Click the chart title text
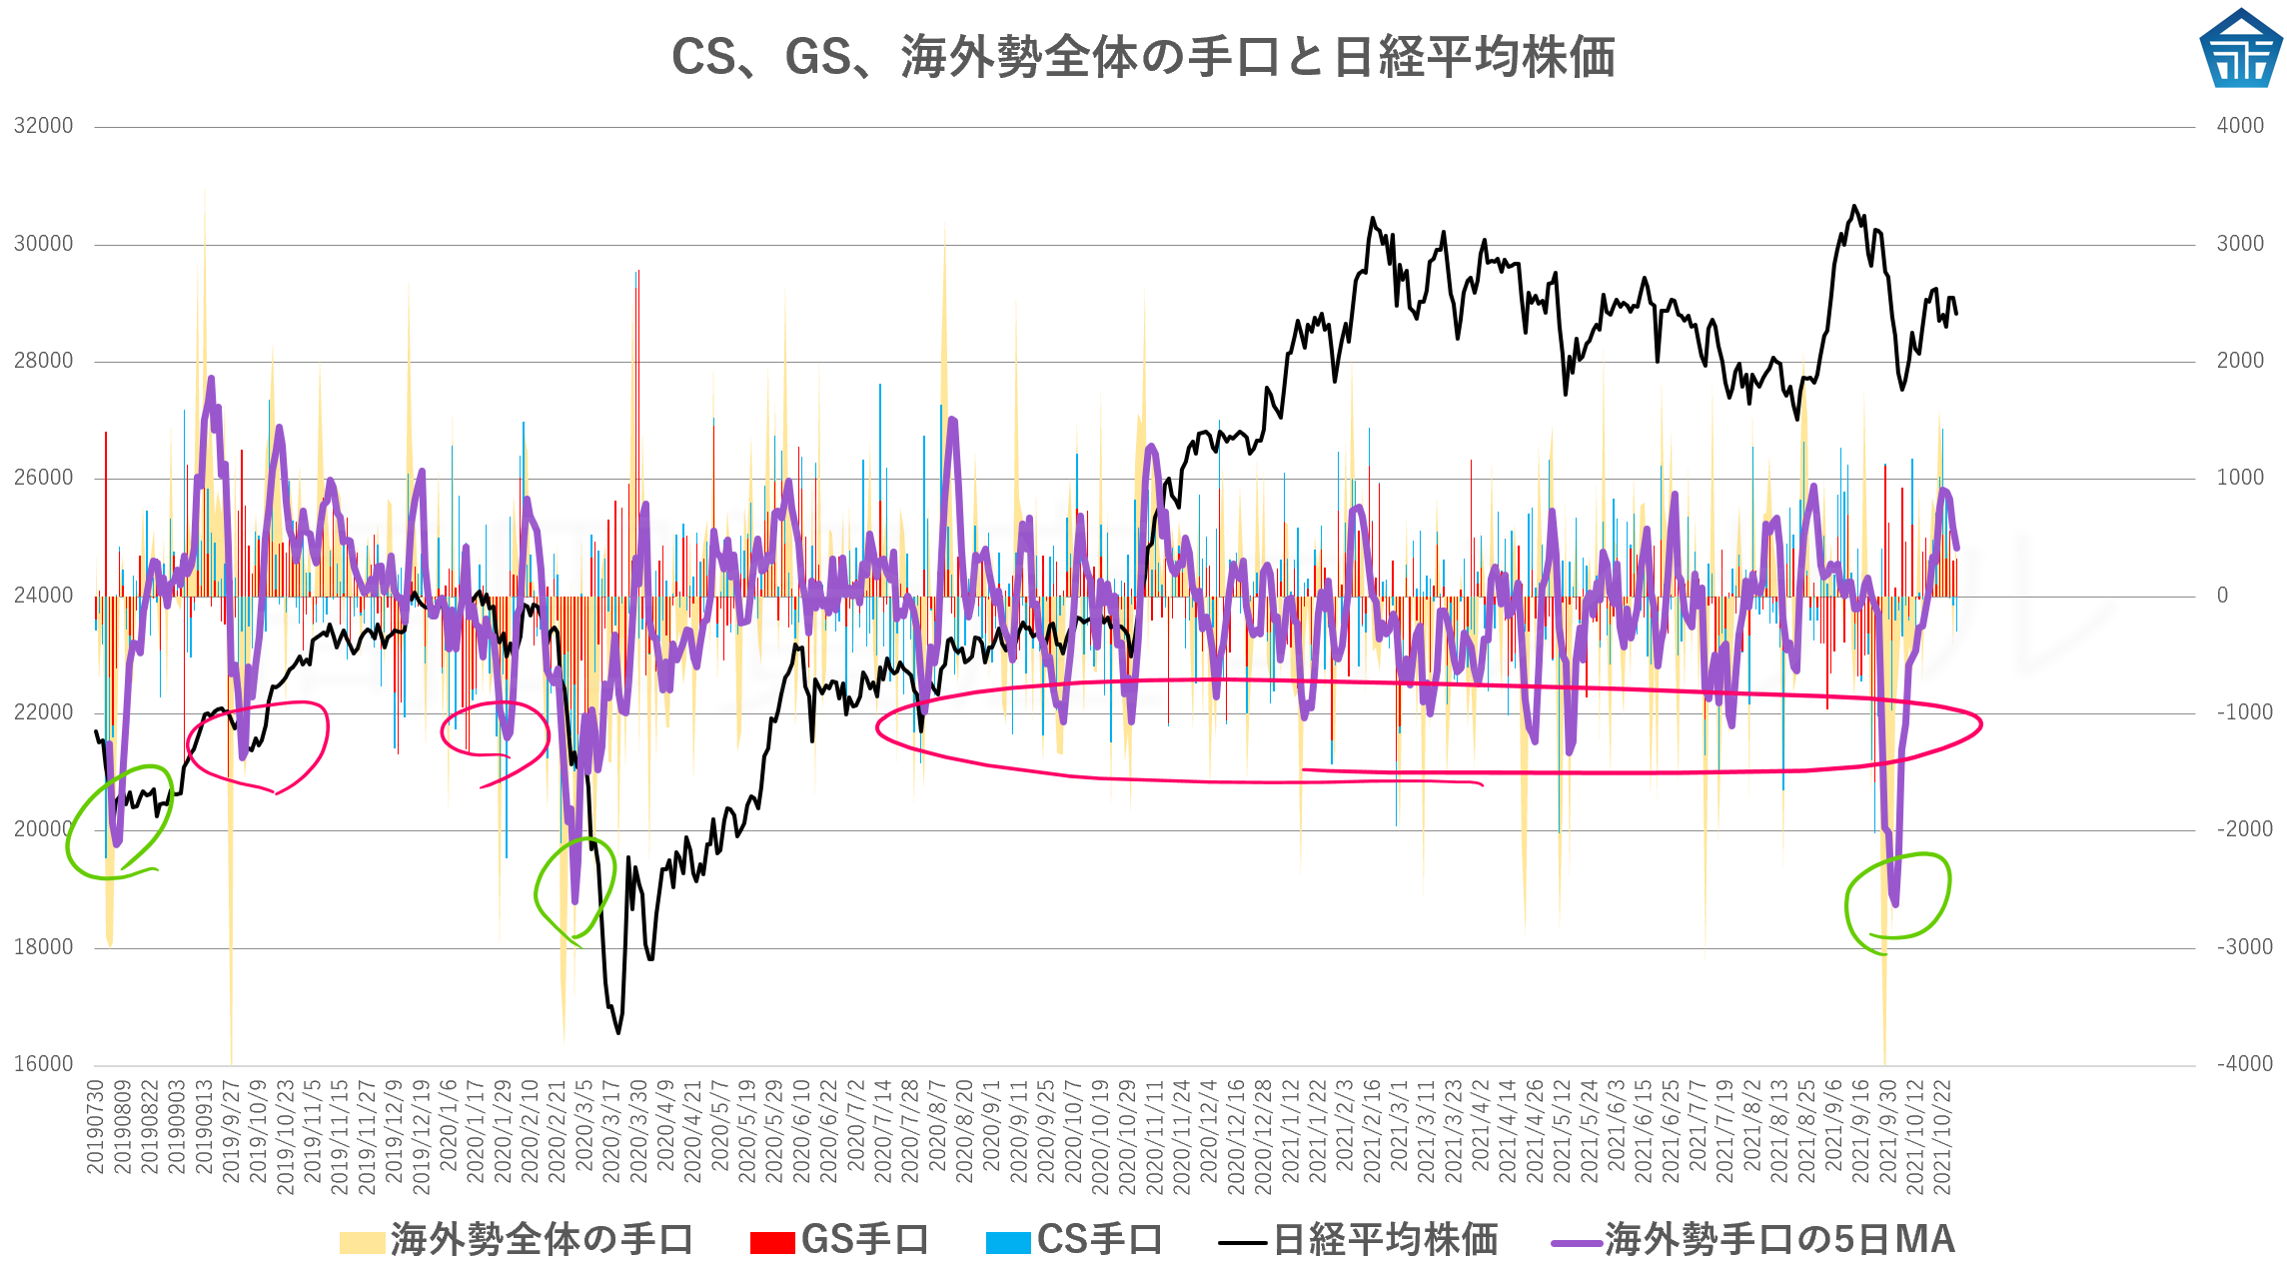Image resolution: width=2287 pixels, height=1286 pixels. (x=1142, y=57)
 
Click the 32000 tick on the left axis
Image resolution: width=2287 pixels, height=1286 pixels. (x=44, y=126)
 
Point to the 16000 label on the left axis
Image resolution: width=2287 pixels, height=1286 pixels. (x=44, y=1064)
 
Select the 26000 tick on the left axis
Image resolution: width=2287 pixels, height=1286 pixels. (x=44, y=478)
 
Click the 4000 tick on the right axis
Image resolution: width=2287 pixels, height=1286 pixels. (x=2241, y=126)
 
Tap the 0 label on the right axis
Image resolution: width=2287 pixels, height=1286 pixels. (x=2222, y=596)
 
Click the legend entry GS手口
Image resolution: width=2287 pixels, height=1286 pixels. (x=840, y=1240)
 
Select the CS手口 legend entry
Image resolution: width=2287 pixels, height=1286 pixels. (x=1075, y=1240)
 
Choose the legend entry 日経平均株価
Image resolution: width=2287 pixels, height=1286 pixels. (x=1359, y=1240)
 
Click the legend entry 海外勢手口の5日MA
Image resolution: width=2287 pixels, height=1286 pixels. (x=1753, y=1240)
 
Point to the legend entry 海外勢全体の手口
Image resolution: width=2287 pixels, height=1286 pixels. (x=517, y=1240)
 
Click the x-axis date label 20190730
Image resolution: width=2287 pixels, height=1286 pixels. (x=96, y=1127)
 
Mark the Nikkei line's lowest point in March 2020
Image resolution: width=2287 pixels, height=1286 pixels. (x=618, y=1032)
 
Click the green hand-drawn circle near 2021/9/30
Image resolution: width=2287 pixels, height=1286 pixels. (x=1897, y=899)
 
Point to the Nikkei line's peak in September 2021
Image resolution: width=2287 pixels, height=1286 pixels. (x=1854, y=207)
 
